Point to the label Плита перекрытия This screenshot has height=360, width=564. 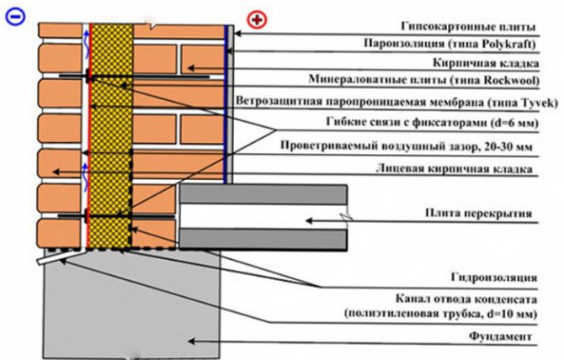pyautogui.click(x=481, y=215)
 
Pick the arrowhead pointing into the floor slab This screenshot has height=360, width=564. pyautogui.click(x=308, y=220)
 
